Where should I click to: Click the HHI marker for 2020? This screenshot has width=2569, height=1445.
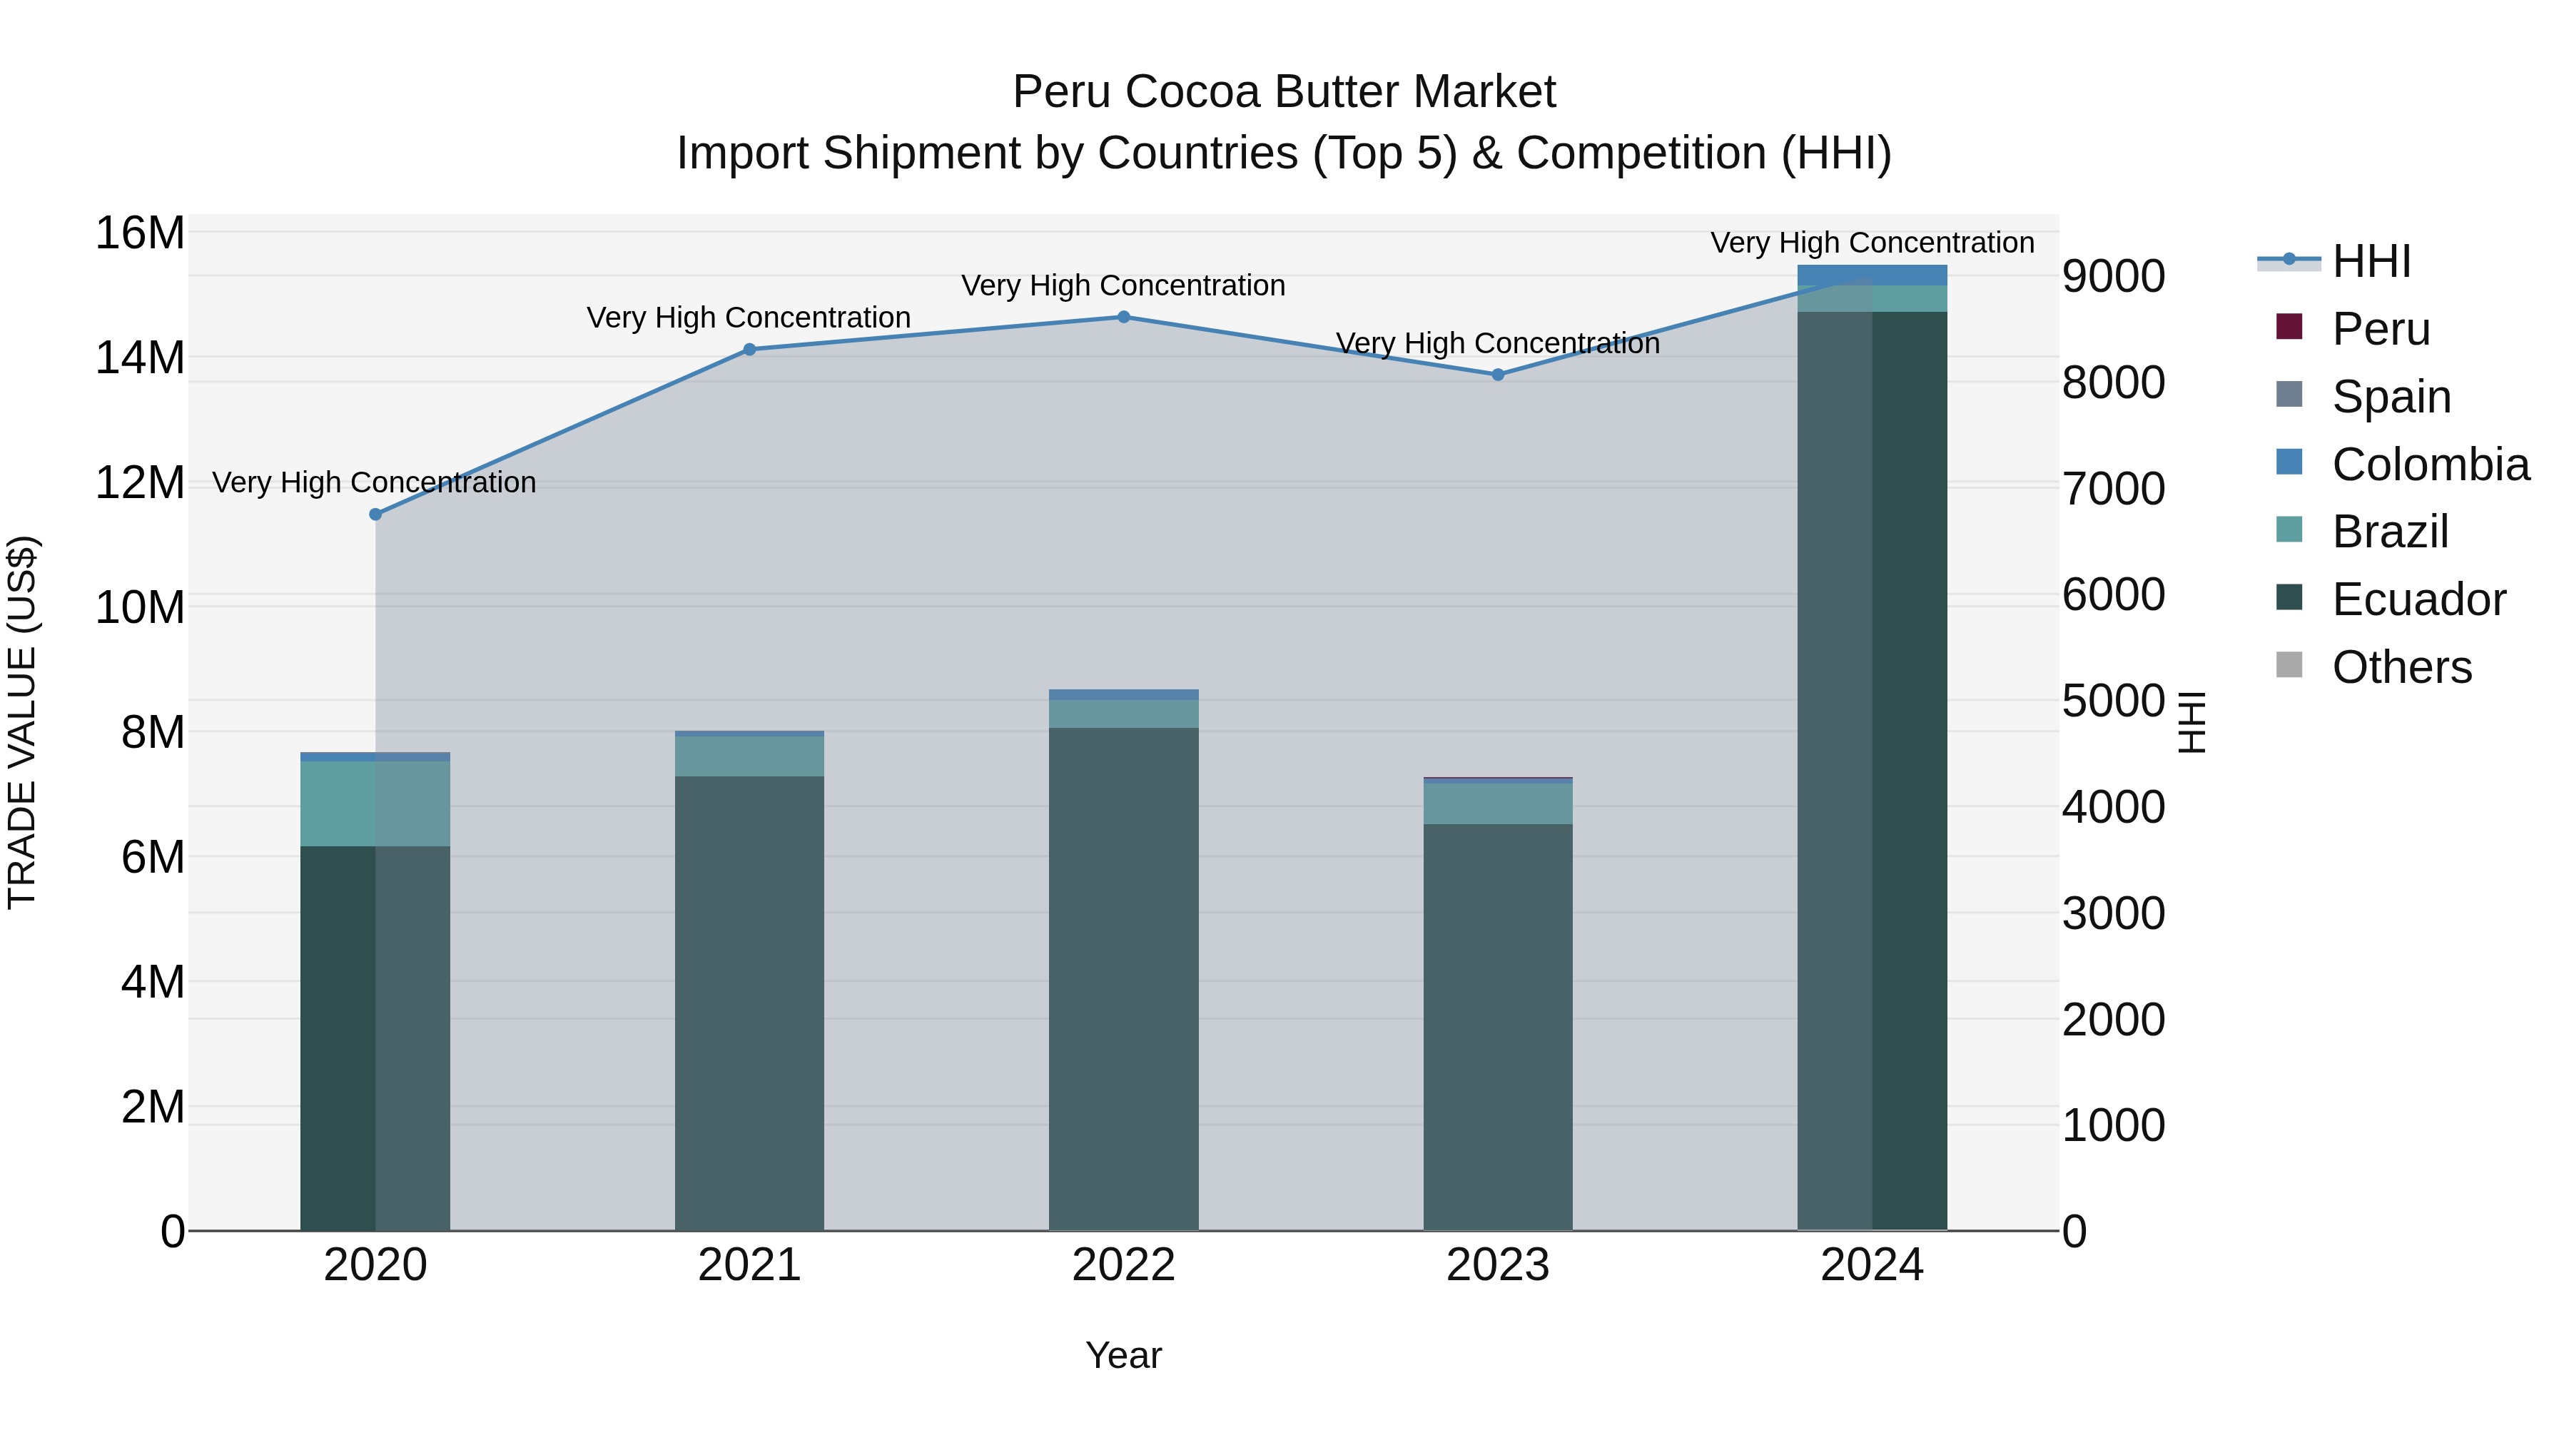(x=375, y=514)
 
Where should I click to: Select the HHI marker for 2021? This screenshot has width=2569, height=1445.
(x=749, y=349)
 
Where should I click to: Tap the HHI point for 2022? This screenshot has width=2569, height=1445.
(x=1123, y=317)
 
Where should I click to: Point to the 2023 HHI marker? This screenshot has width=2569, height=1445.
(x=1497, y=375)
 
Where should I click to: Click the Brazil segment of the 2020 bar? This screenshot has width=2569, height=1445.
(x=375, y=803)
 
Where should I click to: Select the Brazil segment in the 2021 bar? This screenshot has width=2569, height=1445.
(x=749, y=756)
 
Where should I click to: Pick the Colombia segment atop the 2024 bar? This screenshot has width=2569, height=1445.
(x=1871, y=275)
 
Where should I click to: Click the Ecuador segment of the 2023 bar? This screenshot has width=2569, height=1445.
(x=1497, y=1027)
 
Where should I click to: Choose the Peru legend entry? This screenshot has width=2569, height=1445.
(x=2381, y=329)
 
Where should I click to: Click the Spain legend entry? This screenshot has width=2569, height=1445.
(x=2391, y=397)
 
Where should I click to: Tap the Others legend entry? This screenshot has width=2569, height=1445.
(x=2401, y=667)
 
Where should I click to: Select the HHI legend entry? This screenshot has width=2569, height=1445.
(x=2371, y=261)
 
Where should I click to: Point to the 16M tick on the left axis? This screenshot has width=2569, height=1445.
(x=140, y=233)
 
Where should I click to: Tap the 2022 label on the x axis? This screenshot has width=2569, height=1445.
(x=1123, y=1265)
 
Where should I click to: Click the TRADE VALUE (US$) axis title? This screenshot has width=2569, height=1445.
(x=22, y=722)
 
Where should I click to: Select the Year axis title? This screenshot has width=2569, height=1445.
(x=1123, y=1355)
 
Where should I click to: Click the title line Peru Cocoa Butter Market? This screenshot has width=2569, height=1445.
(x=1284, y=92)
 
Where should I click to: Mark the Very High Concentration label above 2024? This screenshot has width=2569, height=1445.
(x=1872, y=243)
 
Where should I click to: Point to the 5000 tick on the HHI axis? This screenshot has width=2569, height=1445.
(x=2113, y=701)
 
